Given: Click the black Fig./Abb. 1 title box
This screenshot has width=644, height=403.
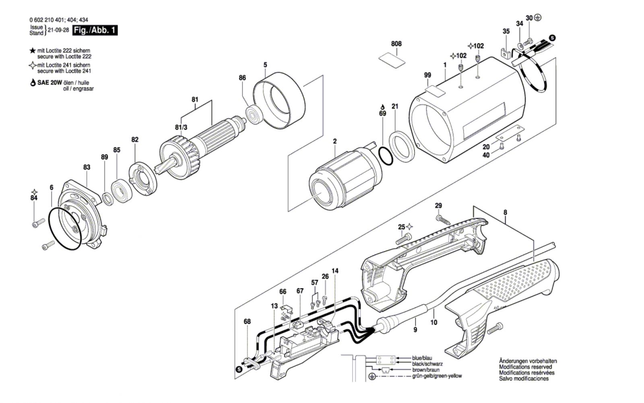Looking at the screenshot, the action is (x=95, y=30).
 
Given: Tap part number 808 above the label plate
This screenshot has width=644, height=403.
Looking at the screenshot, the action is (x=396, y=44).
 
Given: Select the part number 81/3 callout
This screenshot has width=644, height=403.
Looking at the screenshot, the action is (x=181, y=127).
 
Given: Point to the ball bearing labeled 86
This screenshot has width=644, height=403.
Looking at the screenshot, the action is (x=254, y=115).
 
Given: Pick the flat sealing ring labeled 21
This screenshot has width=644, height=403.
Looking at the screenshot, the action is (x=402, y=146).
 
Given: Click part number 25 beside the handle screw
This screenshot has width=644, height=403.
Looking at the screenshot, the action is (x=401, y=227).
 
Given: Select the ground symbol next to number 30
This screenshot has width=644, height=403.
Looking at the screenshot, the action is (x=538, y=18).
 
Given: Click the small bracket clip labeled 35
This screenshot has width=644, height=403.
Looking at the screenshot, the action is (x=506, y=53).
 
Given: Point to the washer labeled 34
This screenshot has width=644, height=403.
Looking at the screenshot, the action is (x=520, y=45).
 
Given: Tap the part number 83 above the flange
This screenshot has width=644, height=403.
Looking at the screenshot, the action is (x=87, y=167).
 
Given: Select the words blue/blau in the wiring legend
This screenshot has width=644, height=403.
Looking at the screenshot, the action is (x=422, y=358).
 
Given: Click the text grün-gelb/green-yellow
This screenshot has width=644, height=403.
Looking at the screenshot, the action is (x=437, y=376).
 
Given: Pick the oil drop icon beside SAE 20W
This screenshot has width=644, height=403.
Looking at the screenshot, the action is (x=33, y=83).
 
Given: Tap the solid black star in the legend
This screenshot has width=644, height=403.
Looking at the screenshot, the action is (x=33, y=51).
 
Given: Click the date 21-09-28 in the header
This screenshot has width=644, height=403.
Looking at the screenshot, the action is (x=58, y=30).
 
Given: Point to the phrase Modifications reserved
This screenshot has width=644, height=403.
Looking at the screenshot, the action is (x=526, y=367).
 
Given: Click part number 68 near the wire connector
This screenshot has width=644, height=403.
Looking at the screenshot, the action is (x=247, y=321).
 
